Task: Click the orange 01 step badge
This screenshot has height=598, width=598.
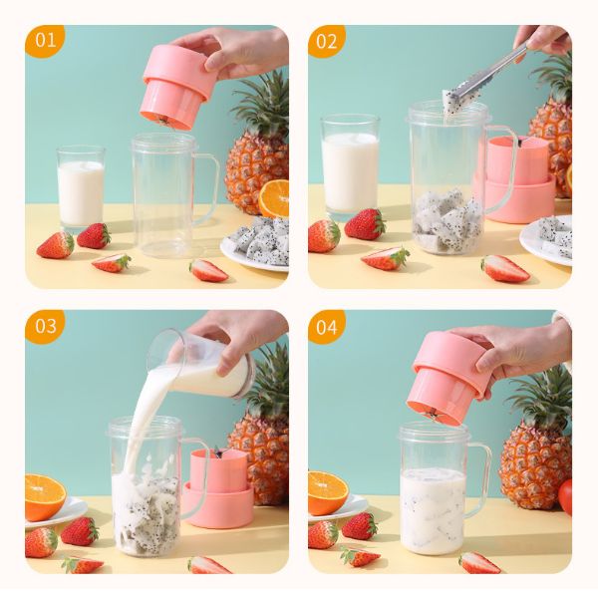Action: tap(44, 41)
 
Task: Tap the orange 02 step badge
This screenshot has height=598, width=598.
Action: tap(327, 41)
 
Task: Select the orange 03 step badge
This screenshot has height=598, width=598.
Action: tap(44, 325)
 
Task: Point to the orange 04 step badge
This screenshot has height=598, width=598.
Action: tap(327, 325)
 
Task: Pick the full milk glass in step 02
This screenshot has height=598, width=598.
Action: tap(350, 165)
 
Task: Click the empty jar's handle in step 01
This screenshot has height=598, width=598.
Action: tap(205, 185)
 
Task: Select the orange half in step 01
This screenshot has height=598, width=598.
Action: tap(274, 198)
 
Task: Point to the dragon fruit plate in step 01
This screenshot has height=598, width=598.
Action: tap(257, 243)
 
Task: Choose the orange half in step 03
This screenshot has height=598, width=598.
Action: tap(44, 496)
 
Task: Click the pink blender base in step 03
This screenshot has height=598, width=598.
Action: tap(219, 489)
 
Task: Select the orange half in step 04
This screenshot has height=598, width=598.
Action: tap(327, 492)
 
